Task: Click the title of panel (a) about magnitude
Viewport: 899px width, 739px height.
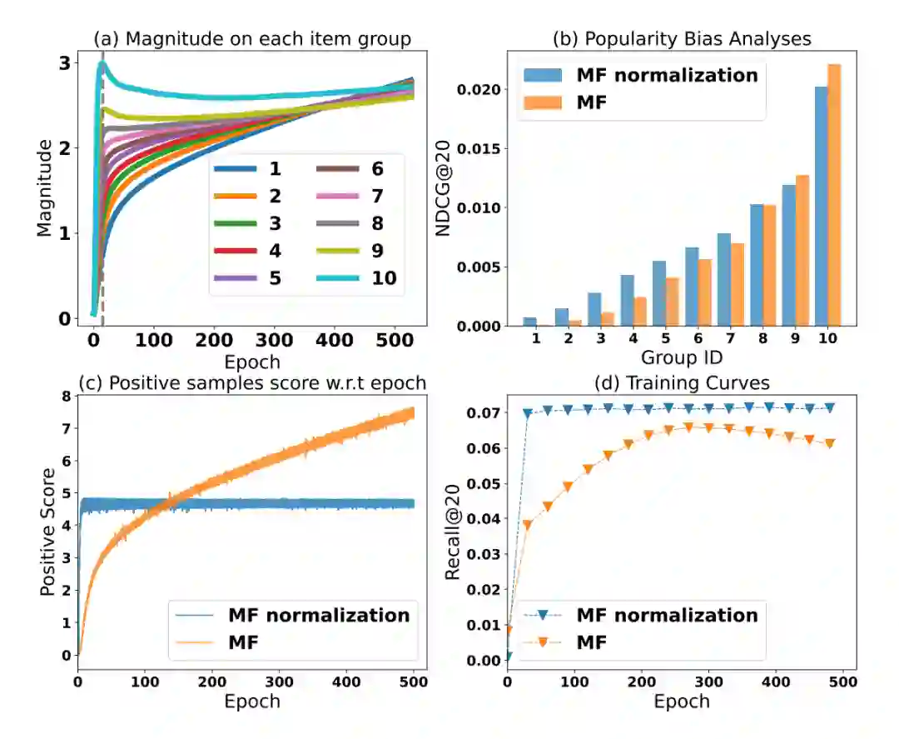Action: [251, 38]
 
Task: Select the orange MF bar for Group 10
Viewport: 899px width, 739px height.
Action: [833, 195]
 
